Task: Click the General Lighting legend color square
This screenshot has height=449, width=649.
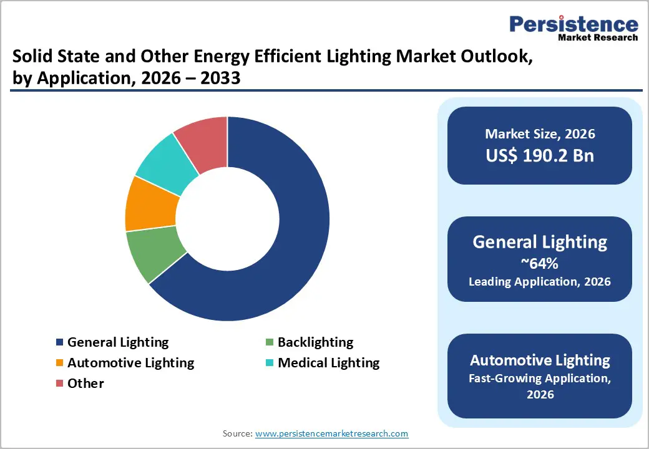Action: pyautogui.click(x=60, y=343)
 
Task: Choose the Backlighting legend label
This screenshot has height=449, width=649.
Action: pyautogui.click(x=315, y=342)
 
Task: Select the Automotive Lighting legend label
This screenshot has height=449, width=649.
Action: pyautogui.click(x=130, y=363)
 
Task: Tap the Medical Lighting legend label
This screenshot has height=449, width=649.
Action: pyautogui.click(x=328, y=363)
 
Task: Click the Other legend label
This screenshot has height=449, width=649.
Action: pyautogui.click(x=85, y=384)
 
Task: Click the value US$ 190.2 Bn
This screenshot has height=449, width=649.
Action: pyautogui.click(x=540, y=155)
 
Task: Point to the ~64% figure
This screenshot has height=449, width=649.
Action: pyautogui.click(x=540, y=263)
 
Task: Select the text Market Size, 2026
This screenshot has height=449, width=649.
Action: pyautogui.click(x=540, y=134)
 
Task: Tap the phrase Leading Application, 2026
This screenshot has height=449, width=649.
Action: pyautogui.click(x=540, y=282)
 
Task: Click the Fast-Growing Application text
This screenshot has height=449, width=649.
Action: pyautogui.click(x=540, y=378)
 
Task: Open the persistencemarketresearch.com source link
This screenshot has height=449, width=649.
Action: pyautogui.click(x=332, y=433)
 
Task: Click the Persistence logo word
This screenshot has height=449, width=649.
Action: pyautogui.click(x=573, y=24)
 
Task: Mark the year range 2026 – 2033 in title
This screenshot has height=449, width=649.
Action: pyautogui.click(x=187, y=79)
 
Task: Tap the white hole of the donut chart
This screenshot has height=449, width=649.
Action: pyautogui.click(x=227, y=219)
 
